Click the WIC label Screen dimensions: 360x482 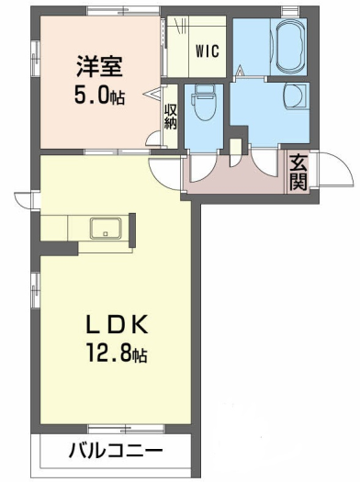(x=208, y=50)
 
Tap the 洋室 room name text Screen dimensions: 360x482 (x=99, y=66)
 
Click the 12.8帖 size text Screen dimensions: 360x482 (x=118, y=353)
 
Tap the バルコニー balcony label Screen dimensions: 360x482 (x=116, y=452)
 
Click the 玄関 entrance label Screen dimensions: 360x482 (x=298, y=173)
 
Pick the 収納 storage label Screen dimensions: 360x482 (x=171, y=117)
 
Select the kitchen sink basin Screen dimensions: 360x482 (x=106, y=228)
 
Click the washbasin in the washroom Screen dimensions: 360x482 (x=295, y=95)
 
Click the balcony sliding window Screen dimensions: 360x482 (x=126, y=428)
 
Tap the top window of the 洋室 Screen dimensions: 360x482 (x=123, y=11)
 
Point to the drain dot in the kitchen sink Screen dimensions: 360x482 (x=106, y=234)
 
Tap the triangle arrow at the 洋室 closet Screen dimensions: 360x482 (x=152, y=95)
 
